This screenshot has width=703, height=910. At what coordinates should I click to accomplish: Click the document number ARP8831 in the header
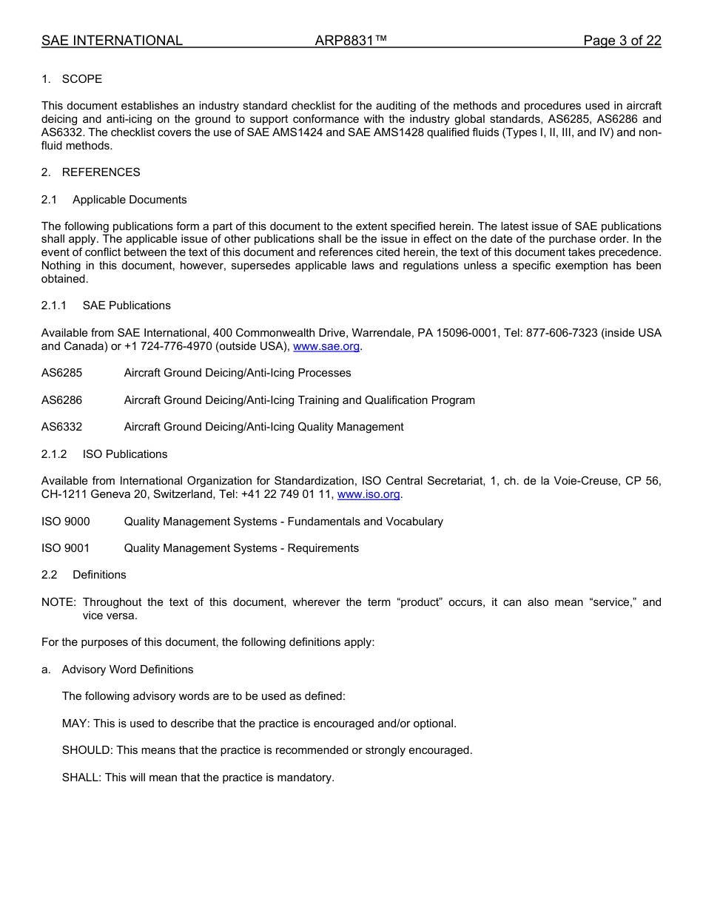point(351,41)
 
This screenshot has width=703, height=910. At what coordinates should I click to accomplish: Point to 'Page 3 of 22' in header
point(622,41)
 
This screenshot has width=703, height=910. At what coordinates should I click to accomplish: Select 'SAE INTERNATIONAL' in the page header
point(112,41)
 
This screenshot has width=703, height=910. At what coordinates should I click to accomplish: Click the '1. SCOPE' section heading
point(72,79)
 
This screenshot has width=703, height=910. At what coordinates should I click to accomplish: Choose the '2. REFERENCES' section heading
point(90,172)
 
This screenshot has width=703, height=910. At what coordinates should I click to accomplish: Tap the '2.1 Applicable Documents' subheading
point(114,200)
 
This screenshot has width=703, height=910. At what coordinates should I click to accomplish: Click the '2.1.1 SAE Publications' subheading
point(106,306)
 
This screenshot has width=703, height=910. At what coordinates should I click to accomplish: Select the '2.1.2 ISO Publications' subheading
point(104,454)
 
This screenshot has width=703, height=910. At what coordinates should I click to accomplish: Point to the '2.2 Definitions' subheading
point(84,575)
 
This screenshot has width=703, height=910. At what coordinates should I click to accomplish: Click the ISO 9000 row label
point(65,522)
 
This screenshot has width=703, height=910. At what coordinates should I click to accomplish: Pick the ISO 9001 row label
point(65,548)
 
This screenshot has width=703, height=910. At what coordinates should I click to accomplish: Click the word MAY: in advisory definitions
point(76,724)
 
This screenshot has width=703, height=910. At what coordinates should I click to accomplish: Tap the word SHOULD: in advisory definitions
point(87,750)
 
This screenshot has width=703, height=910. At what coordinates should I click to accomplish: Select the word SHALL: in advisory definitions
point(82,778)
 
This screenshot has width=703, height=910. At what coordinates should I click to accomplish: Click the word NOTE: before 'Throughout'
point(58,602)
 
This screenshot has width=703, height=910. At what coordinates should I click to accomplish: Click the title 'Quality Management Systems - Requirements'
point(241,548)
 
